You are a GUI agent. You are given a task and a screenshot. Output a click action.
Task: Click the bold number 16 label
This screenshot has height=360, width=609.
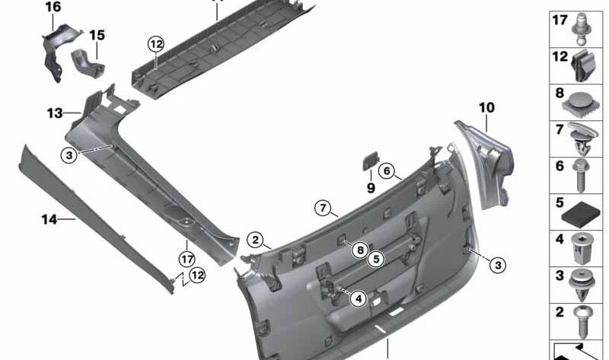click(53, 8)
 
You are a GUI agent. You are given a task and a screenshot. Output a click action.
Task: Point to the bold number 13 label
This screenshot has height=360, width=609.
click(54, 113)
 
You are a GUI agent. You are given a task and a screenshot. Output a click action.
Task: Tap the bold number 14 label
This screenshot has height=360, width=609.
click(49, 219)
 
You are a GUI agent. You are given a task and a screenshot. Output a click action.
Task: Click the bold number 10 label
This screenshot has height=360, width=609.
click(486, 108)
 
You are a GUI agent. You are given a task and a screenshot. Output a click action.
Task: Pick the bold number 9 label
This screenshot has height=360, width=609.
click(371, 187)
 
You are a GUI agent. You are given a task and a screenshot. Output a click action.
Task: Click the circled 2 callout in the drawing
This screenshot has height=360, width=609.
click(255, 240)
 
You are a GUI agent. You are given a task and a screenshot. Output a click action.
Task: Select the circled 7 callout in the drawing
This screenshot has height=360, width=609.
click(322, 208)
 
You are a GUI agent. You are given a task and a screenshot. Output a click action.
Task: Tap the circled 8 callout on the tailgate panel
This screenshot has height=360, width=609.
click(358, 248)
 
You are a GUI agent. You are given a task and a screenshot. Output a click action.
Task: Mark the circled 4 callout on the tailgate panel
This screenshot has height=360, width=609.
click(357, 299)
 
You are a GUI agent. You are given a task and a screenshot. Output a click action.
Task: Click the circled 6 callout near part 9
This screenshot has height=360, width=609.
click(386, 171)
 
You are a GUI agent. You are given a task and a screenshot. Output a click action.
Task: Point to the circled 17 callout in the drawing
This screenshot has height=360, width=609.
click(187, 245)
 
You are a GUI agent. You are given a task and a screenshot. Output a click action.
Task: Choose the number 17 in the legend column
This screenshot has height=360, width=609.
click(560, 21)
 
